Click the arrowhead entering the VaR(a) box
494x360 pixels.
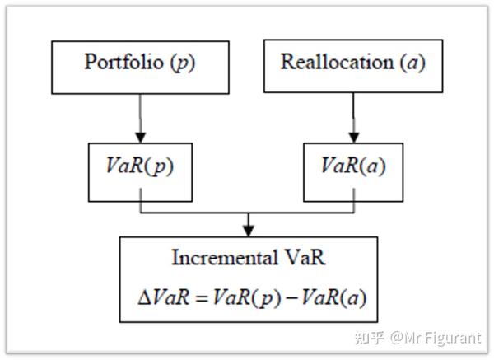(352, 137)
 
